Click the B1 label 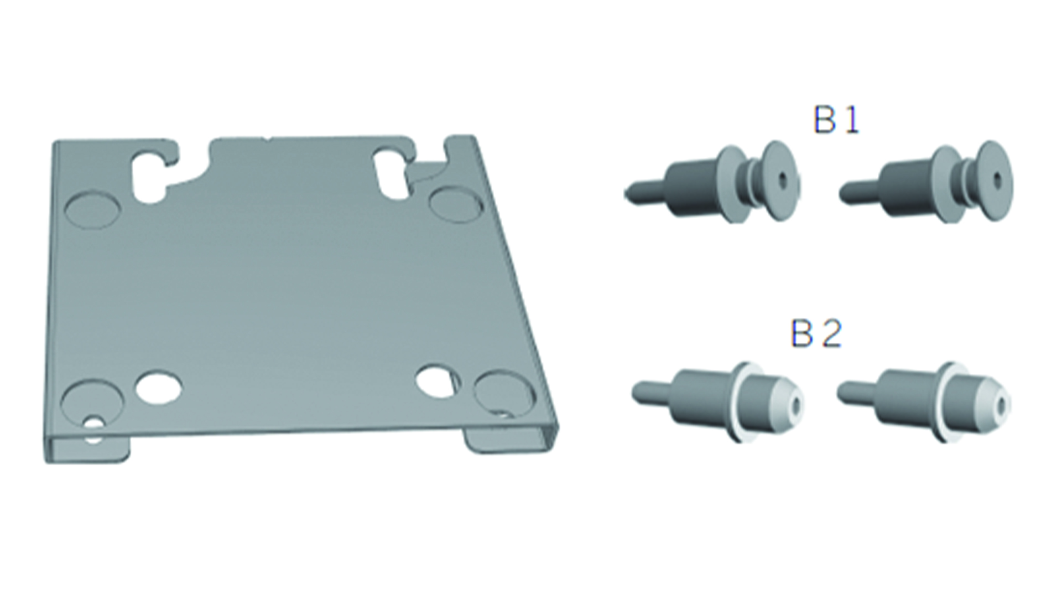(836, 121)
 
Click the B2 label (816, 334)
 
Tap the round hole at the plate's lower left (159, 386)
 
